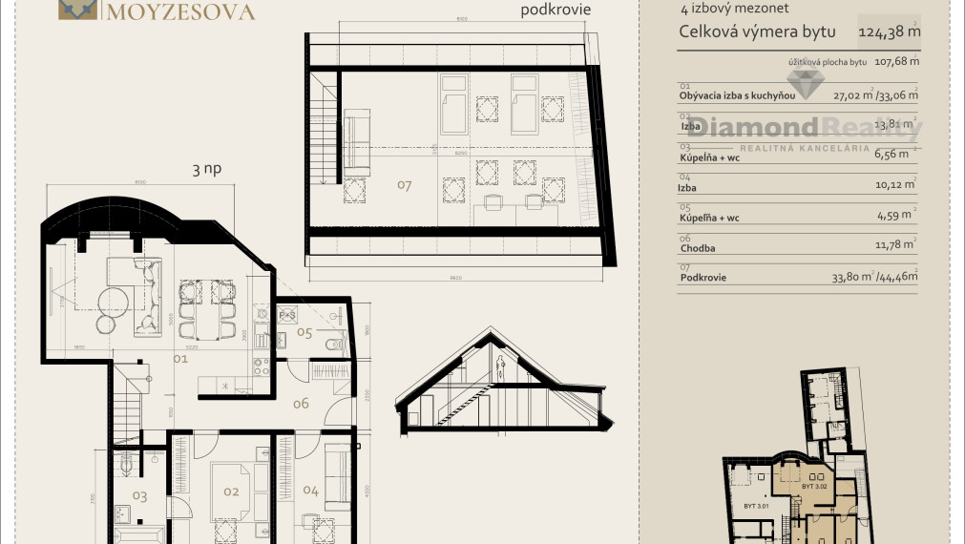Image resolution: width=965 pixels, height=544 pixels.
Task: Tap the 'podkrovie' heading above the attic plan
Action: [556, 10]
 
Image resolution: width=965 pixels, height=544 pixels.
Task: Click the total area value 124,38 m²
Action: [889, 31]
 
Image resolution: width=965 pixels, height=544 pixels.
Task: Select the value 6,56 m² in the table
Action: [898, 157]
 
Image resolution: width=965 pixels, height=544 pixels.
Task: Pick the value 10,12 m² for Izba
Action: [895, 187]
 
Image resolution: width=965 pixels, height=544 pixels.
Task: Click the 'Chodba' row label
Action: [697, 248]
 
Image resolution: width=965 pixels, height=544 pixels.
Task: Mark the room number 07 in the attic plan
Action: [404, 185]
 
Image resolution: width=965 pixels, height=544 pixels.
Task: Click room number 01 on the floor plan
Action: [181, 360]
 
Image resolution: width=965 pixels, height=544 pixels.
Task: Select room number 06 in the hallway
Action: [301, 404]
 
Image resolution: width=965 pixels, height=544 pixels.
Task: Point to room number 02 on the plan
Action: [230, 492]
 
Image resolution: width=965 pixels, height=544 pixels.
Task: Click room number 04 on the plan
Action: [310, 491]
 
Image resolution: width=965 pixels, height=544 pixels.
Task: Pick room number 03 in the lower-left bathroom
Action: [139, 495]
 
